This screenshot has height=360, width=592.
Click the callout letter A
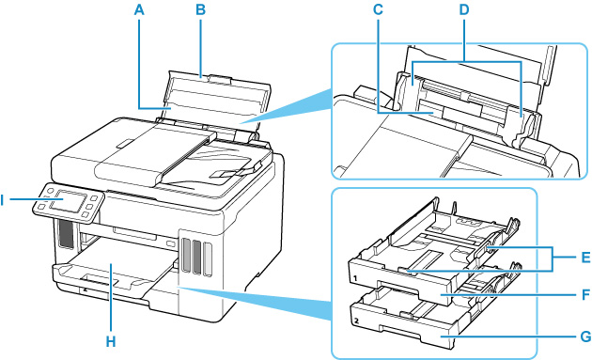139,9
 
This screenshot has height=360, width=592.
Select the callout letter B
200,9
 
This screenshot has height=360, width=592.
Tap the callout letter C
378,9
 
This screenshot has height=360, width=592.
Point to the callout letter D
463,9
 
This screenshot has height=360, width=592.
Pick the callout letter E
584,258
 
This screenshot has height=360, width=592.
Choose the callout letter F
584,294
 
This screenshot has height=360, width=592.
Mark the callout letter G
584,337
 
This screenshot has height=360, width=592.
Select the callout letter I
2,200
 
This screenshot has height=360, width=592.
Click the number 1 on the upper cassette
355,278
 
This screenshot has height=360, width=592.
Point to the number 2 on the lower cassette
355,321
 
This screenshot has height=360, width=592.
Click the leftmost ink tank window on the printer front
185,255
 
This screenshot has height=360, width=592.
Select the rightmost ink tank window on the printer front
208,258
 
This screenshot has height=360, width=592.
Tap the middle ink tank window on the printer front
196,257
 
